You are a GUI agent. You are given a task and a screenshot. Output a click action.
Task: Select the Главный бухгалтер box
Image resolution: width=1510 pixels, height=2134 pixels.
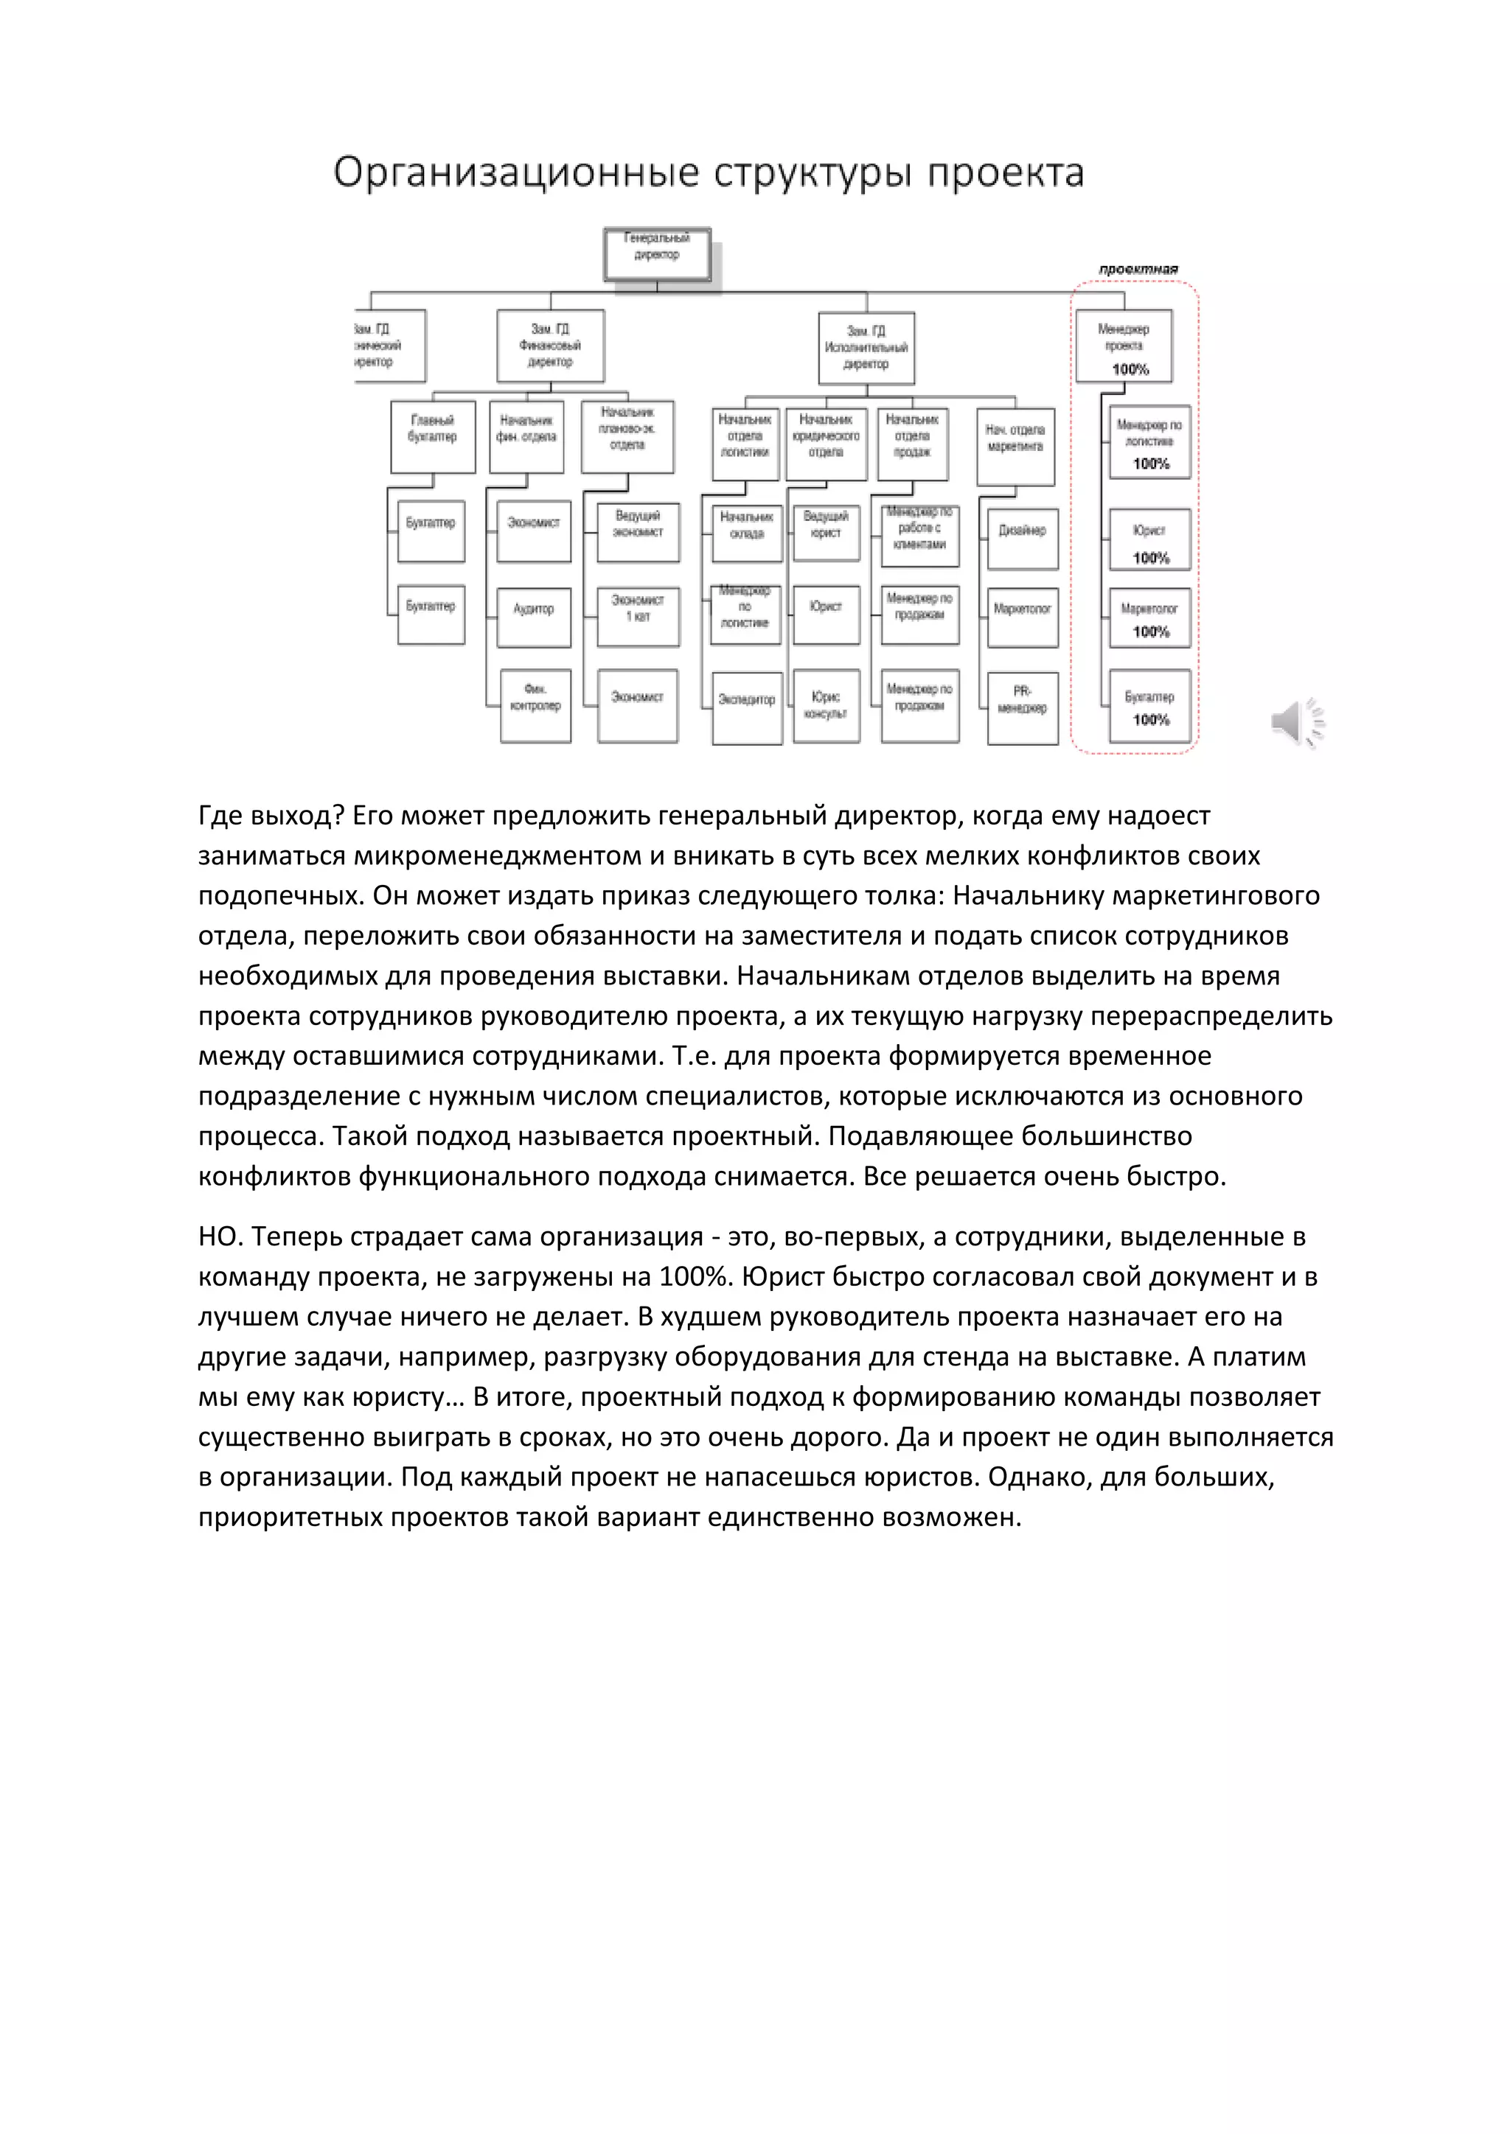point(432,436)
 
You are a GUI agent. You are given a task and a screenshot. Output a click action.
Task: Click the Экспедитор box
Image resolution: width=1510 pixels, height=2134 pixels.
point(747,707)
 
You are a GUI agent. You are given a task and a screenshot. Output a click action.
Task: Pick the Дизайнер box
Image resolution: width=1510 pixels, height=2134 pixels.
point(1022,538)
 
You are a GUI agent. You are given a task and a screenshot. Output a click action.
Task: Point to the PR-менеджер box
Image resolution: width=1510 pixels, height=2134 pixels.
point(1022,707)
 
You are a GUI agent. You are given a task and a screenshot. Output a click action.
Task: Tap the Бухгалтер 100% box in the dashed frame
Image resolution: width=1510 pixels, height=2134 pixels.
point(1149,707)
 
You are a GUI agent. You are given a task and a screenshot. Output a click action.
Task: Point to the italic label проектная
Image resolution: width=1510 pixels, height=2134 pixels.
point(1138,270)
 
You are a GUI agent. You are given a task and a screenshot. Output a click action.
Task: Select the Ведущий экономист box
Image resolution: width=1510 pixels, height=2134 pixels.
point(638,531)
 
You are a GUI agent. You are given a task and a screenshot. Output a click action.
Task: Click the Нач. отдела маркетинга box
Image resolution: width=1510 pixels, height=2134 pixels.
point(1015,445)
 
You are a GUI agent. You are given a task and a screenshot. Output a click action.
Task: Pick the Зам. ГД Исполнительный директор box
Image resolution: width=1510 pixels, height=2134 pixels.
point(866,348)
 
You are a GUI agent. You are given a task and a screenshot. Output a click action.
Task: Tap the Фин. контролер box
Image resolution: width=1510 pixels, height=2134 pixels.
point(535,704)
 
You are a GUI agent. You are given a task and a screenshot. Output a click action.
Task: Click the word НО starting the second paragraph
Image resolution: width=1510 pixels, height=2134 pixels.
point(220,1237)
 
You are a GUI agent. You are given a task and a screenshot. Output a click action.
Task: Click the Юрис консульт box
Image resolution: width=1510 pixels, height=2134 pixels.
point(826,707)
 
